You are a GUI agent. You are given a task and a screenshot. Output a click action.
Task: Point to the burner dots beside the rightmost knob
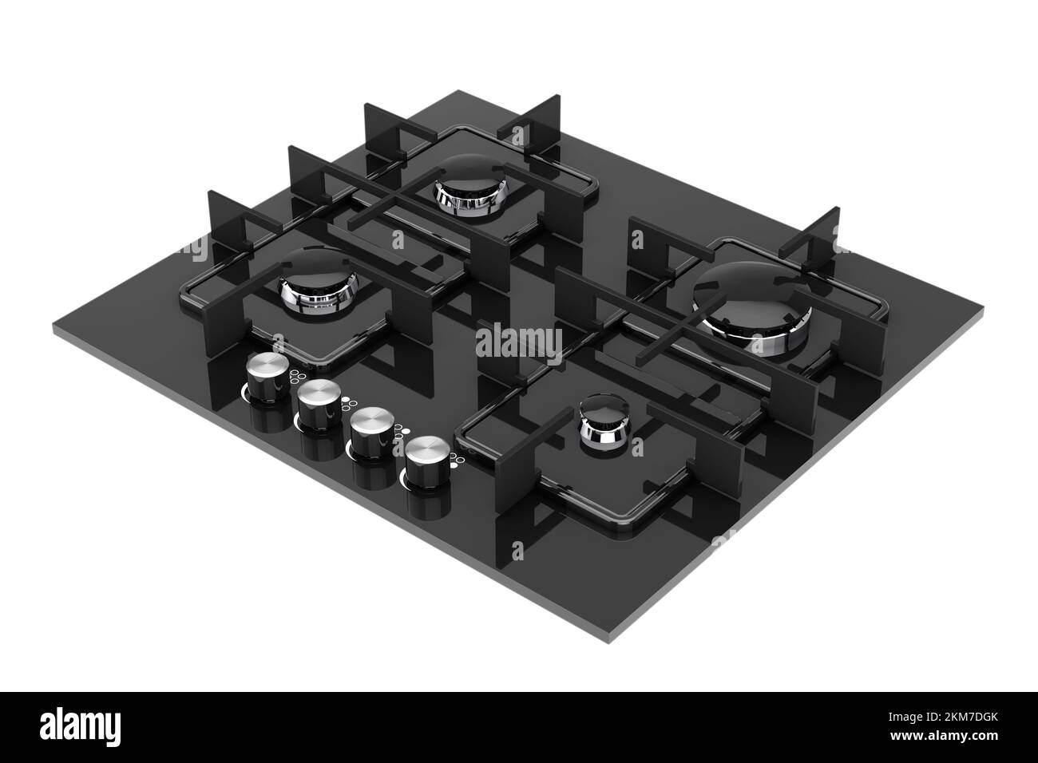tap(454, 458)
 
